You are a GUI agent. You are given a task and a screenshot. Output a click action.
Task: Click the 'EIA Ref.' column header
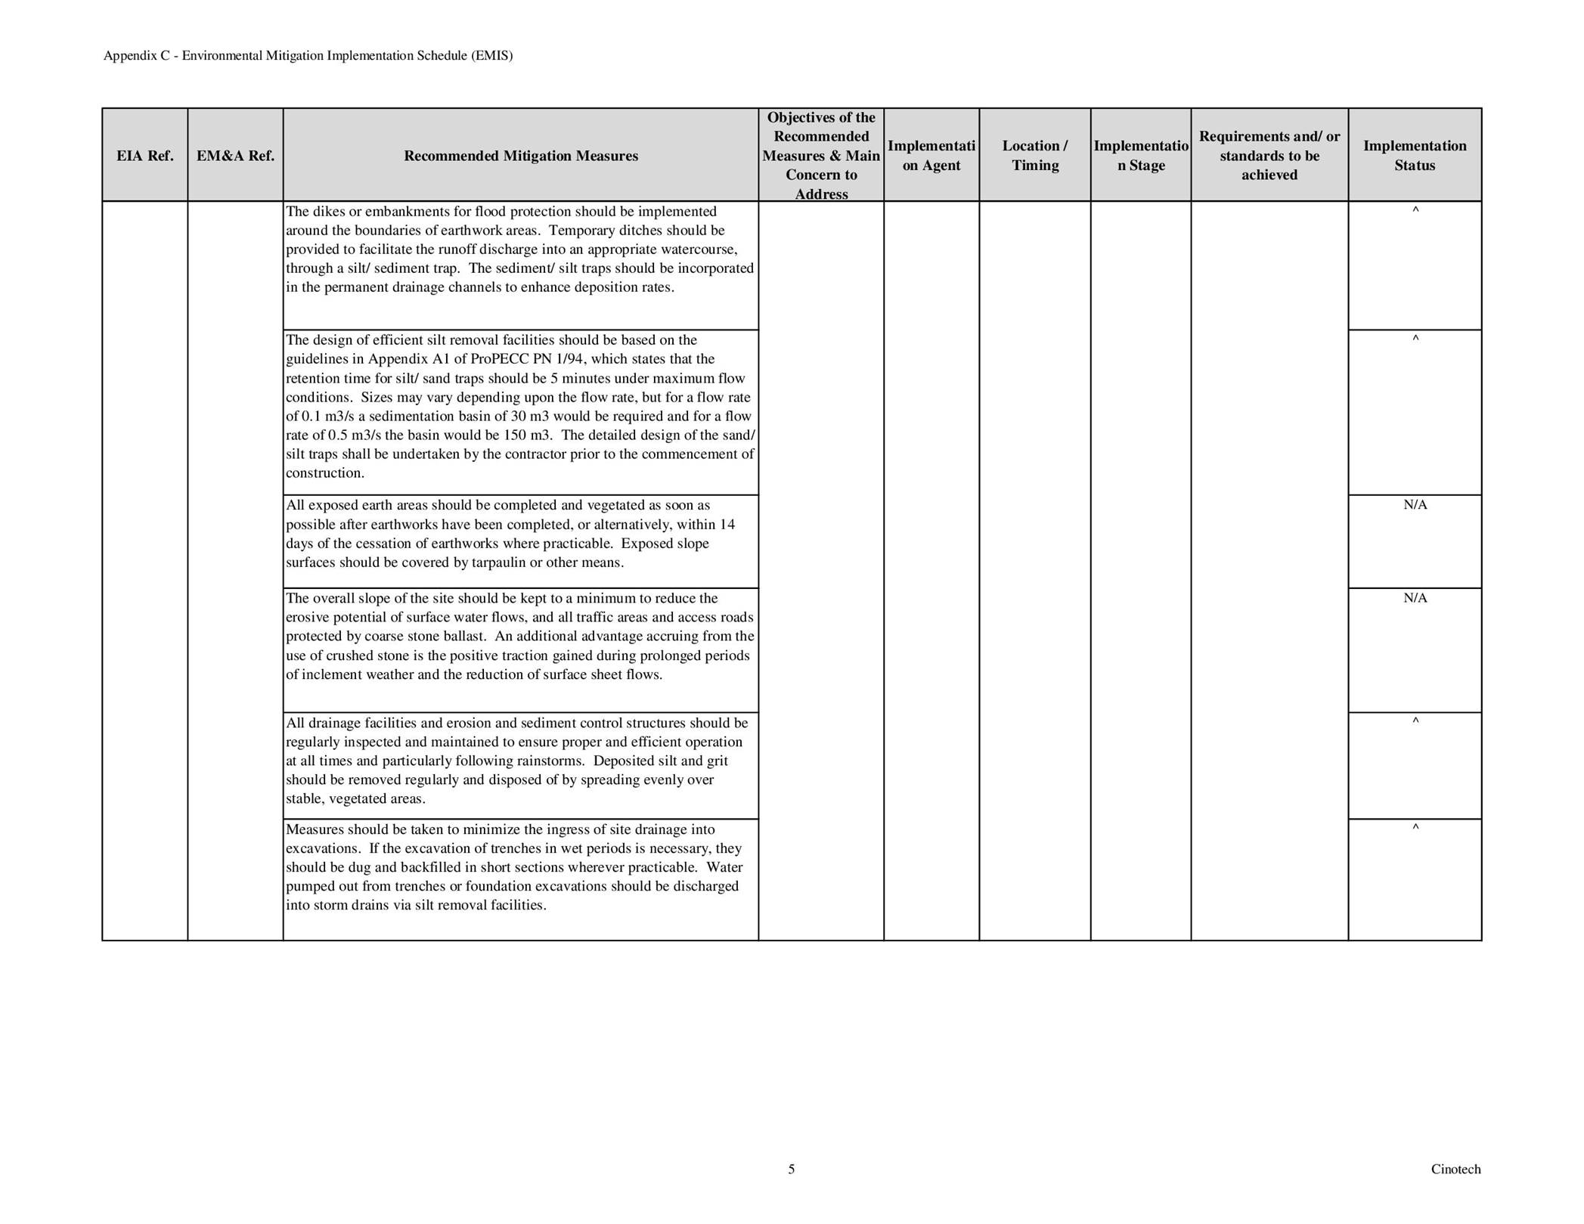(144, 156)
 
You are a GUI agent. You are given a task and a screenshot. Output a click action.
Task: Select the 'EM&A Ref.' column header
(235, 156)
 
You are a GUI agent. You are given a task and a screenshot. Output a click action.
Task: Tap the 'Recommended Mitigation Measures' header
(520, 156)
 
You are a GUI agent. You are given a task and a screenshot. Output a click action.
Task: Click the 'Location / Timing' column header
(1034, 156)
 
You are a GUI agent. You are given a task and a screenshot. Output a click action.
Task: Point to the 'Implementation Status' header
(1414, 156)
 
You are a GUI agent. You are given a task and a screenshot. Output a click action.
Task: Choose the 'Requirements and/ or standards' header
(1269, 156)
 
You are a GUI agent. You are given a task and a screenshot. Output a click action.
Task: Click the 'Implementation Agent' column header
(931, 156)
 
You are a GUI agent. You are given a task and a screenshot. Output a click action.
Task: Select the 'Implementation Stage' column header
(1140, 156)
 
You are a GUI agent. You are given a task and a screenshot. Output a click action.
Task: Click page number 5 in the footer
(791, 1170)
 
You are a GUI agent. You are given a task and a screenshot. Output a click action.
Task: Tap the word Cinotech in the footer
(1455, 1170)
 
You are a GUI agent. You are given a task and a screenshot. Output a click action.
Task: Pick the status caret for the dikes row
(1415, 210)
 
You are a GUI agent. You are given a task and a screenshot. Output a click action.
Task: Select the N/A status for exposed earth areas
(1415, 505)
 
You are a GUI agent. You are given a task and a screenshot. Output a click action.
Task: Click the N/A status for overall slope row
(1415, 598)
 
